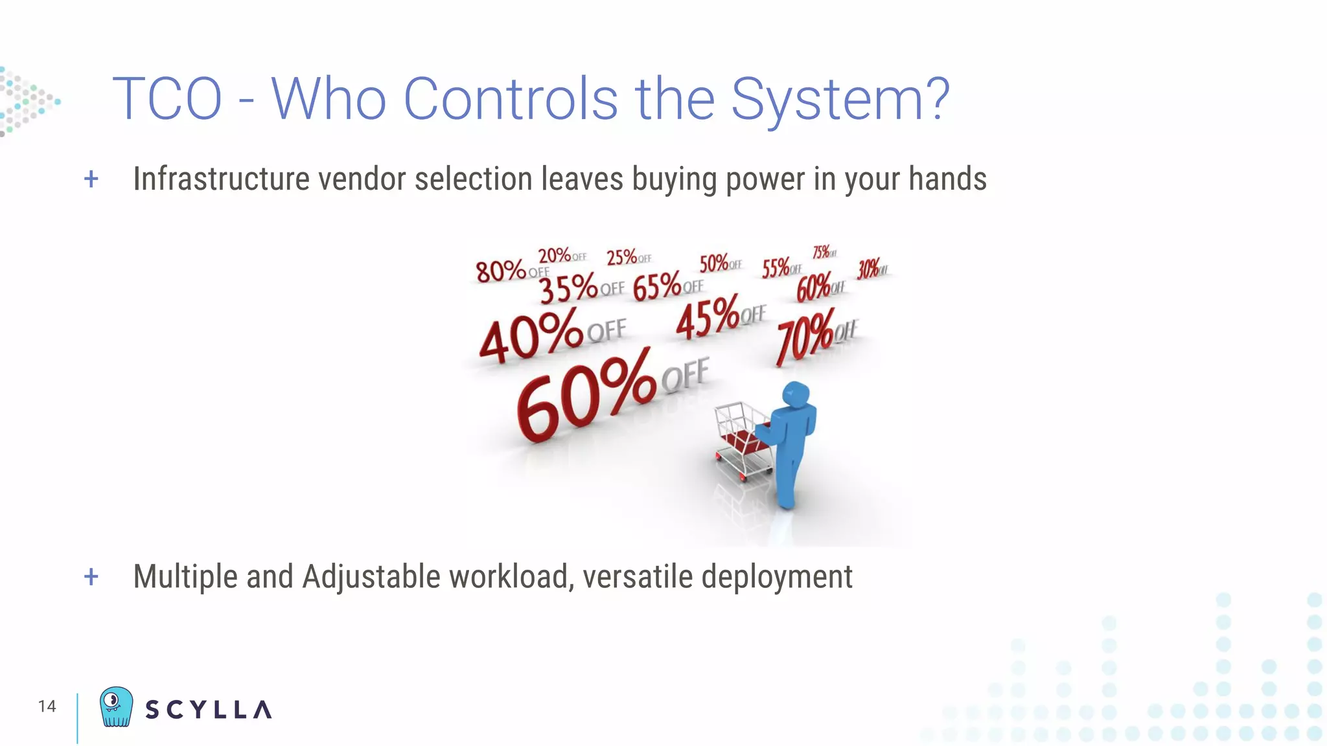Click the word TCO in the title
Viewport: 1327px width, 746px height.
coord(167,99)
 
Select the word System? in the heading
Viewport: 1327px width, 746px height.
coord(840,99)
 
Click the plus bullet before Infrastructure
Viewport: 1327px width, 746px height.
coord(91,179)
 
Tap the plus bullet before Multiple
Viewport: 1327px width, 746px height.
coord(91,576)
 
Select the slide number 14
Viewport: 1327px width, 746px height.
coord(47,706)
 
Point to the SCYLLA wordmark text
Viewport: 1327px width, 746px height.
coord(208,710)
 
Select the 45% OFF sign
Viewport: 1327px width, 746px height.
coord(719,316)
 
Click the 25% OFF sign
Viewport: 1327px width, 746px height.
coord(628,257)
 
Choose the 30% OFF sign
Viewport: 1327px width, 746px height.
coord(871,268)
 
